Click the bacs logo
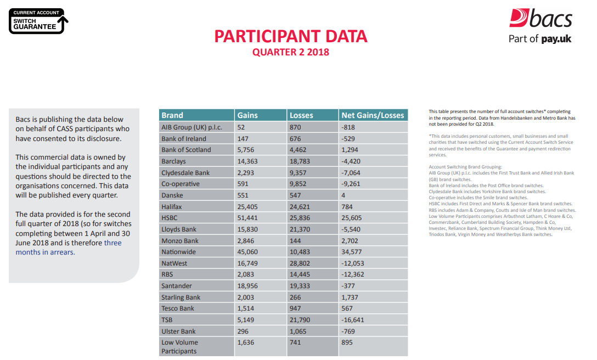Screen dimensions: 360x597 pyautogui.click(x=540, y=19)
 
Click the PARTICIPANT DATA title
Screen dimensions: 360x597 pyautogui.click(x=290, y=36)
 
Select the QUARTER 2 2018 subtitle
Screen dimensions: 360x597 pyautogui.click(x=290, y=52)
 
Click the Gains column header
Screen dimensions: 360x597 pyautogui.click(x=247, y=115)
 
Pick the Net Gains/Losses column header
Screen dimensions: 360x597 pyautogui.click(x=373, y=115)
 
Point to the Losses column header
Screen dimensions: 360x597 pyautogui.click(x=301, y=115)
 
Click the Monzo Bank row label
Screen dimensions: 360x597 pyautogui.click(x=180, y=241)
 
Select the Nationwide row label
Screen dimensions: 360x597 pyautogui.click(x=179, y=252)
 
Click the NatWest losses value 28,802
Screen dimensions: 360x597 pyautogui.click(x=300, y=263)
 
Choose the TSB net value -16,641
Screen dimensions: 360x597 pyautogui.click(x=352, y=320)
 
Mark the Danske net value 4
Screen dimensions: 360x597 pyautogui.click(x=343, y=195)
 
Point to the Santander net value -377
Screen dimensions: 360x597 pyautogui.click(x=348, y=286)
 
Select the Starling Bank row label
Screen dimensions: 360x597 pyautogui.click(x=181, y=297)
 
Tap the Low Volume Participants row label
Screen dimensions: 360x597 pyautogui.click(x=179, y=347)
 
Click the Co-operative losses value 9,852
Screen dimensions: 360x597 pyautogui.click(x=298, y=184)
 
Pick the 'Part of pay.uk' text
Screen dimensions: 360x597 pyautogui.click(x=540, y=39)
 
